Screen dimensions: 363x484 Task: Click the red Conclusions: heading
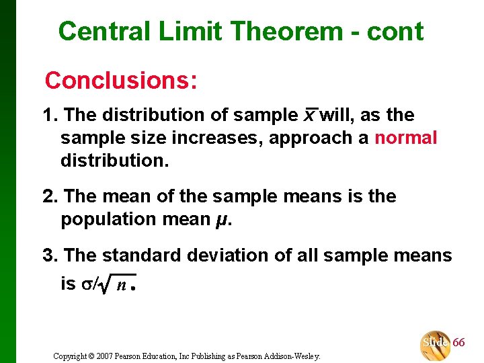coord(121,81)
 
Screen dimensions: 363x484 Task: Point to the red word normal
coord(405,138)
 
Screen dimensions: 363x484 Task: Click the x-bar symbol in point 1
coord(309,116)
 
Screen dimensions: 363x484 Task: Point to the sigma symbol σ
coord(85,284)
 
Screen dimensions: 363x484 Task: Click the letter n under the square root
coord(121,285)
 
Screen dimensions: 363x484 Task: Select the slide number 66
coord(458,342)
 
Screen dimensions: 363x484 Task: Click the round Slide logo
coord(435,344)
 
